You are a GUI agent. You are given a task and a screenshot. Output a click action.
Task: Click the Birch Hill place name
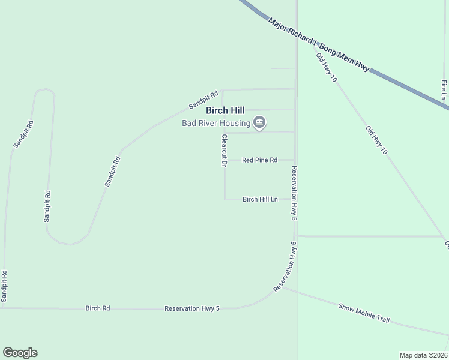(x=225, y=110)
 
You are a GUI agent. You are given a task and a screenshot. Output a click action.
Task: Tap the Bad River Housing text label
(x=216, y=124)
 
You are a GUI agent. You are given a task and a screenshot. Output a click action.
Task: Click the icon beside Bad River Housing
(x=259, y=123)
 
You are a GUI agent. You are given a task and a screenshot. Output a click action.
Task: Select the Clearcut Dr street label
(x=224, y=150)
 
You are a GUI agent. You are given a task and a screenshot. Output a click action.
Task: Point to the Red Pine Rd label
(x=259, y=160)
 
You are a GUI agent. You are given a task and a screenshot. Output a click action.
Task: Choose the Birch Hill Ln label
(x=260, y=199)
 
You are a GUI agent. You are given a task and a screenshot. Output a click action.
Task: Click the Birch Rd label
(x=97, y=308)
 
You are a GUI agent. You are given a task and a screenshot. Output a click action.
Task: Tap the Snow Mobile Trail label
(x=364, y=312)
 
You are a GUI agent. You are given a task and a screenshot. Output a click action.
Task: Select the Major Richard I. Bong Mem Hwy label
(x=318, y=44)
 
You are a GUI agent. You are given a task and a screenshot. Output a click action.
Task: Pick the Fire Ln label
(x=444, y=89)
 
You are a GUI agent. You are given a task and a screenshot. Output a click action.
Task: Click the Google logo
(x=20, y=353)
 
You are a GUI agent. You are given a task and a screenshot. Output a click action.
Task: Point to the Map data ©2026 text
(x=423, y=355)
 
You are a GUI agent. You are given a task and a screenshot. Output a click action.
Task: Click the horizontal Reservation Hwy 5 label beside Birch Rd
(x=192, y=308)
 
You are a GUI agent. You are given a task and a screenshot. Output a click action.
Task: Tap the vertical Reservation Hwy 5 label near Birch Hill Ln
(x=294, y=193)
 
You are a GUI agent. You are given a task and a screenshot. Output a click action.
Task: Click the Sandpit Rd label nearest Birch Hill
(x=203, y=100)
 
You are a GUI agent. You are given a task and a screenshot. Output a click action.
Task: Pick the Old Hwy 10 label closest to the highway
(x=327, y=67)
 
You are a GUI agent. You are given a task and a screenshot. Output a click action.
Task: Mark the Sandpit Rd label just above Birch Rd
(x=4, y=286)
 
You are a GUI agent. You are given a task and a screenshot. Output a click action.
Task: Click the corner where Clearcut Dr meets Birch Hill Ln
(x=224, y=199)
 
